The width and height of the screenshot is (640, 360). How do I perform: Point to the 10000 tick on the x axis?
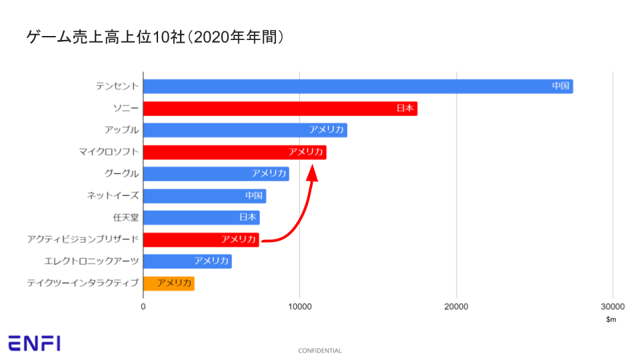(x=299, y=307)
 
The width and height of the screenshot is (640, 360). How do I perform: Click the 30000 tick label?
(x=612, y=307)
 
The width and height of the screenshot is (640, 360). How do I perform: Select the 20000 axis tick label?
(x=456, y=307)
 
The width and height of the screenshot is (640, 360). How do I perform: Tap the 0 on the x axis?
(x=143, y=307)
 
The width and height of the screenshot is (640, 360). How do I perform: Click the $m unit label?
(x=611, y=320)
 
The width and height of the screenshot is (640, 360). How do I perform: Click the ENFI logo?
(x=34, y=343)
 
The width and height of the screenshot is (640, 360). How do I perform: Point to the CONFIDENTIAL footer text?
(x=320, y=351)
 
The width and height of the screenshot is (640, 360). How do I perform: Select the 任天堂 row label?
(x=126, y=217)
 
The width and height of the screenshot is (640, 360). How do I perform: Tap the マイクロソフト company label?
(x=109, y=152)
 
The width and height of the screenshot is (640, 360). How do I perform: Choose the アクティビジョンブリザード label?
(x=83, y=239)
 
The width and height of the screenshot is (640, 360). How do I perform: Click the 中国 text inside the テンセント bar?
(x=561, y=86)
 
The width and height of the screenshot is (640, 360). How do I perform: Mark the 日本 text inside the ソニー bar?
(x=405, y=108)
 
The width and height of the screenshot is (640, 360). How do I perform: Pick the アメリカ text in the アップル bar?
(x=327, y=130)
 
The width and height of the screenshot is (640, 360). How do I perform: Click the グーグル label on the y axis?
(x=121, y=173)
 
